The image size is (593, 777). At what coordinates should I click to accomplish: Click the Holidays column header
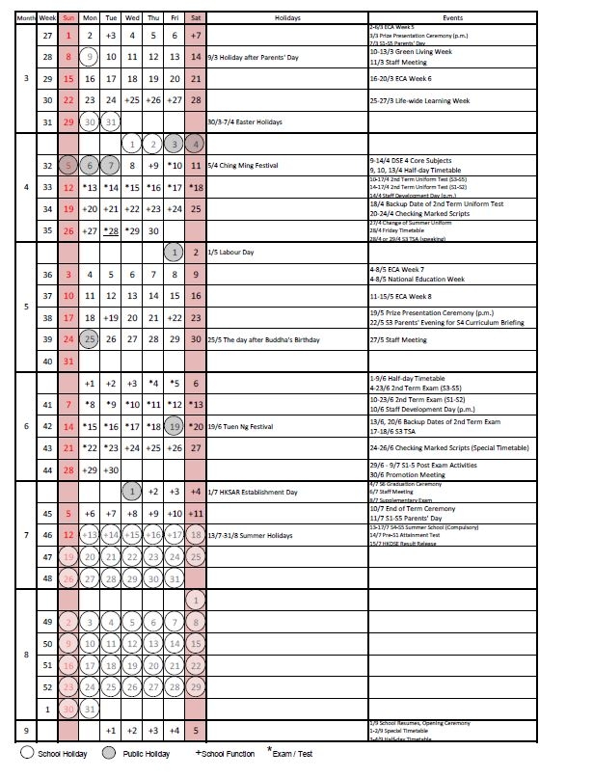tap(287, 18)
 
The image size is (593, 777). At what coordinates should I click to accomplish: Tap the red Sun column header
tap(68, 18)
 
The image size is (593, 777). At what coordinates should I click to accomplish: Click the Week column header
tap(47, 18)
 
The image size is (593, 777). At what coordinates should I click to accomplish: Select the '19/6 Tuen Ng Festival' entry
tap(238, 426)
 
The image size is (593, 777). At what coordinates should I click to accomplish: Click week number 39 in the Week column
tap(47, 339)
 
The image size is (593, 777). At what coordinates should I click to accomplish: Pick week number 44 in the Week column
tap(47, 469)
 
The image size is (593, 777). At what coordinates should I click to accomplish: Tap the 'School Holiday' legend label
tap(64, 753)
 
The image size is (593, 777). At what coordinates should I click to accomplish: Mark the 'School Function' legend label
tap(228, 753)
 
